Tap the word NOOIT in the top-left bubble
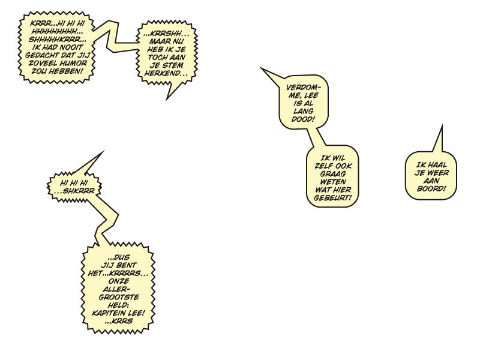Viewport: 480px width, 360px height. tap(71, 47)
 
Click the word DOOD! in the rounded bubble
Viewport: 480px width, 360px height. tap(303, 119)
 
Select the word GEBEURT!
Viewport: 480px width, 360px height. tap(333, 198)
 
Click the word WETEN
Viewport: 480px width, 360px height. tap(333, 182)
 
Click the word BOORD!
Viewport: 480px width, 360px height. tap(431, 189)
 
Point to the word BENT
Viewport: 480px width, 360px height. tap(127, 265)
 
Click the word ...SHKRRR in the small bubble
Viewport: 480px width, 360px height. tap(74, 191)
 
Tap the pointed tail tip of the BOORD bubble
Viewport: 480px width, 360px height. tap(442, 125)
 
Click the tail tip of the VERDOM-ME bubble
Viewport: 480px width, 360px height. tap(260, 68)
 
